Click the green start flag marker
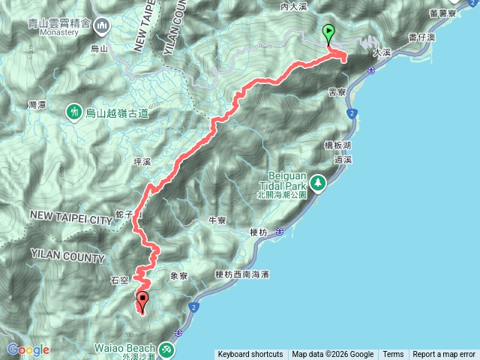328,33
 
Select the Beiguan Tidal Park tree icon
319,182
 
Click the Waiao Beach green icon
166,349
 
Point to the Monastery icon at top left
102,26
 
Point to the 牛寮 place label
217,220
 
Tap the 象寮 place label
178,276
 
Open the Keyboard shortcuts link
250,355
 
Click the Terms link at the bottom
393,355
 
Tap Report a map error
444,355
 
